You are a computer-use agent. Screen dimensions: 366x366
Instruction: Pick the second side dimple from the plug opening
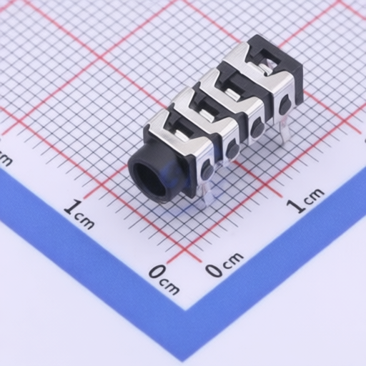tap(232, 148)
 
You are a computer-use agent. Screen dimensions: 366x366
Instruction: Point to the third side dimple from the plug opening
tap(257, 127)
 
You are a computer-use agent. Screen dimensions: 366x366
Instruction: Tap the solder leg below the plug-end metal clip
tap(207, 194)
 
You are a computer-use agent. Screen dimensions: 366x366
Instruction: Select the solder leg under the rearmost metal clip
tap(284, 130)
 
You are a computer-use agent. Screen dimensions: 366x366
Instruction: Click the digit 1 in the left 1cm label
tap(71, 207)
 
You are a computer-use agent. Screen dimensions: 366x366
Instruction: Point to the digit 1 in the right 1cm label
tap(296, 206)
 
